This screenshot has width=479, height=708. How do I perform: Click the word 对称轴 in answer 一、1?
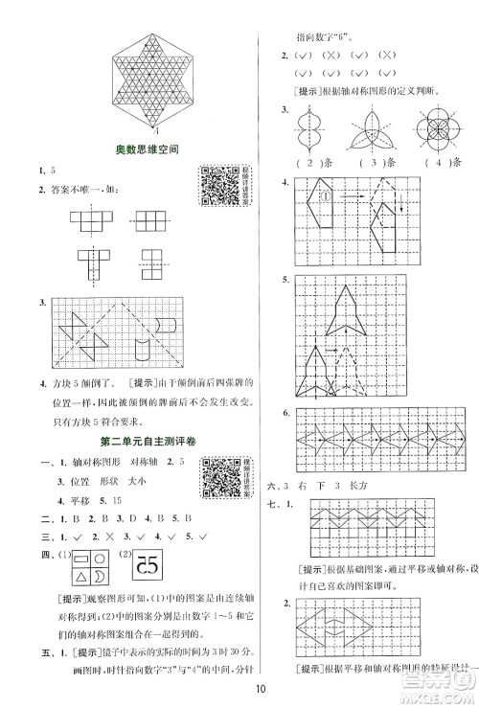point(143,464)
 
